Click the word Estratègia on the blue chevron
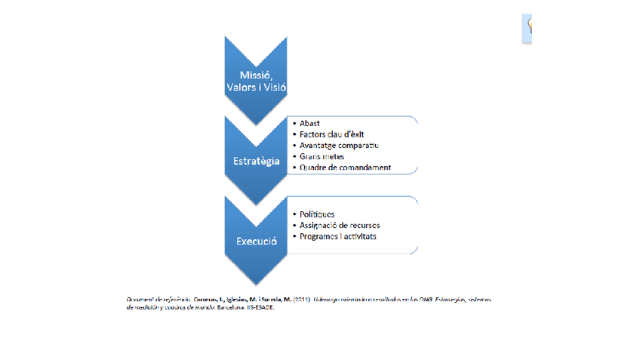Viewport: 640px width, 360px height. point(255,161)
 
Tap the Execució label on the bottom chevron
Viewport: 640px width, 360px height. point(255,242)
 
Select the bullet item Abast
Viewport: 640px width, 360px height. point(309,123)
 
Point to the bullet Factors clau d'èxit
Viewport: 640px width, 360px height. point(326,134)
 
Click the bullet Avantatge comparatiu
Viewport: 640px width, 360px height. point(338,145)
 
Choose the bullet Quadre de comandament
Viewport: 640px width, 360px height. point(344,167)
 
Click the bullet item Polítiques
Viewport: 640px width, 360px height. point(317,214)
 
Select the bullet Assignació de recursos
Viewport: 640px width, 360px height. point(340,226)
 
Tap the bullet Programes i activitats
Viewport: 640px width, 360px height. point(337,236)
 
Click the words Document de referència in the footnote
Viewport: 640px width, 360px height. point(158,300)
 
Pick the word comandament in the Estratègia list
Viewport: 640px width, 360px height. point(368,167)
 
